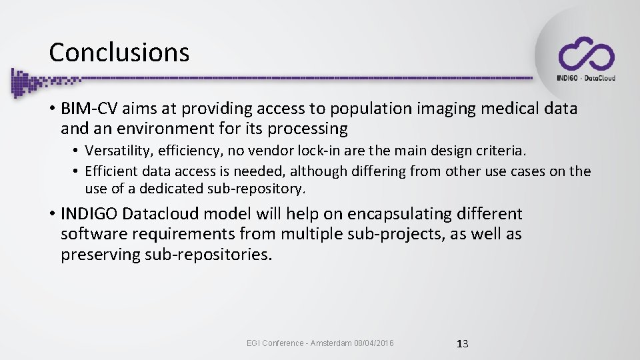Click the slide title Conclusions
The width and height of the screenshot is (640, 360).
(119, 52)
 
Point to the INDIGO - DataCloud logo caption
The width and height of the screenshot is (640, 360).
(586, 78)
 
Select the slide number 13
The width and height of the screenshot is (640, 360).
(462, 344)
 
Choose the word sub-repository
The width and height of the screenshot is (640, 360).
(255, 189)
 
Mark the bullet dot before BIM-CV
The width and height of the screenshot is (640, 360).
(51, 108)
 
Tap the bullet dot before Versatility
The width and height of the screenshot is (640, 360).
(77, 151)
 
